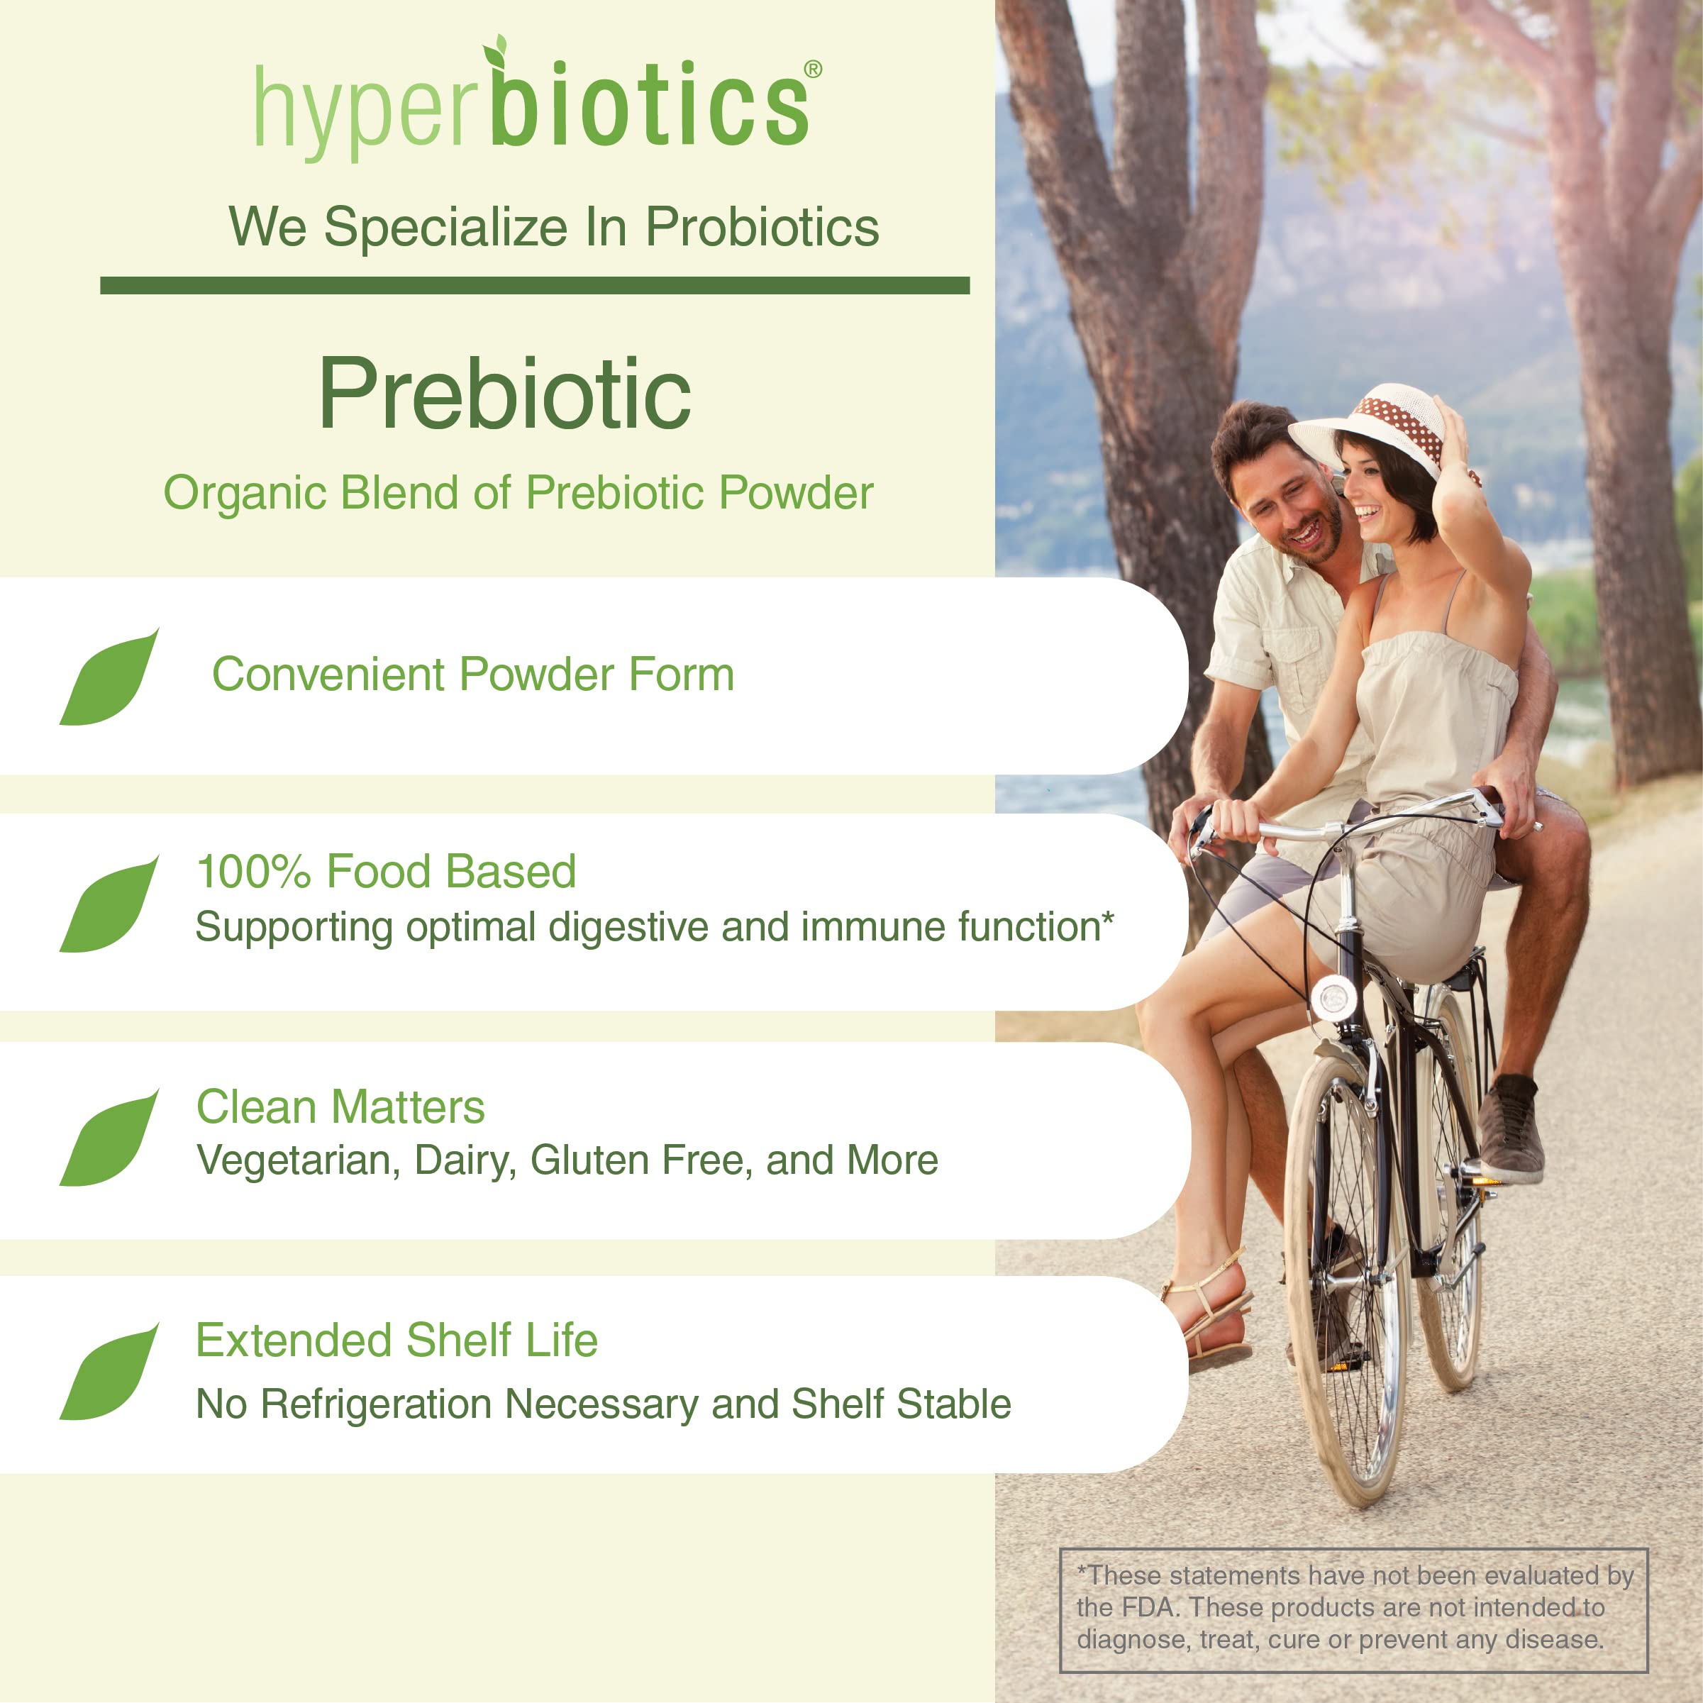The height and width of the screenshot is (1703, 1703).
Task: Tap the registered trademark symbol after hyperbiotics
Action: tap(813, 70)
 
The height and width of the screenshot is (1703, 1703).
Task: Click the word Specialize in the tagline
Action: tap(445, 228)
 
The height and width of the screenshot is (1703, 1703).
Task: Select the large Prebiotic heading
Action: tap(504, 394)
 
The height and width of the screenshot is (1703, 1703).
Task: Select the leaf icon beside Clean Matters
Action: tap(109, 1140)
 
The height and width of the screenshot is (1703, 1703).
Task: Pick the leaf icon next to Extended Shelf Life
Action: tap(109, 1373)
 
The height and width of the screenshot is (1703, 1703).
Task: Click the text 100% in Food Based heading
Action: tap(253, 872)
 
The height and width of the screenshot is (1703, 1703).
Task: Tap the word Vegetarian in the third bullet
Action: tap(293, 1161)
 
